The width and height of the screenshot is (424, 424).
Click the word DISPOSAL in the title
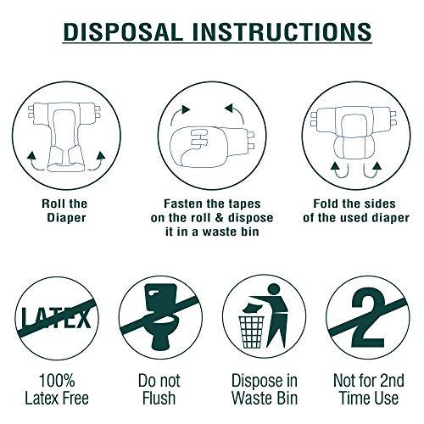point(123,31)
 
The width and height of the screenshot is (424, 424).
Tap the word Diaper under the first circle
point(66,218)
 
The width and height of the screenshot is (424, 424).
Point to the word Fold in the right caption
point(326,204)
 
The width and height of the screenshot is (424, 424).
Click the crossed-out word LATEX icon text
point(56,317)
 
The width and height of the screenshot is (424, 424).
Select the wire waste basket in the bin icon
point(252,332)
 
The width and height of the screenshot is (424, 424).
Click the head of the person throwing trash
point(273,290)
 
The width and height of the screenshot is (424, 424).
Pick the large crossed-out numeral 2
point(368,317)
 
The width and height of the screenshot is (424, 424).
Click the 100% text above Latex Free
point(57,381)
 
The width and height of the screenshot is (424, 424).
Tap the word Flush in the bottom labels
point(159,398)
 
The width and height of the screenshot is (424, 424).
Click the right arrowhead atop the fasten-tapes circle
point(228,109)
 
